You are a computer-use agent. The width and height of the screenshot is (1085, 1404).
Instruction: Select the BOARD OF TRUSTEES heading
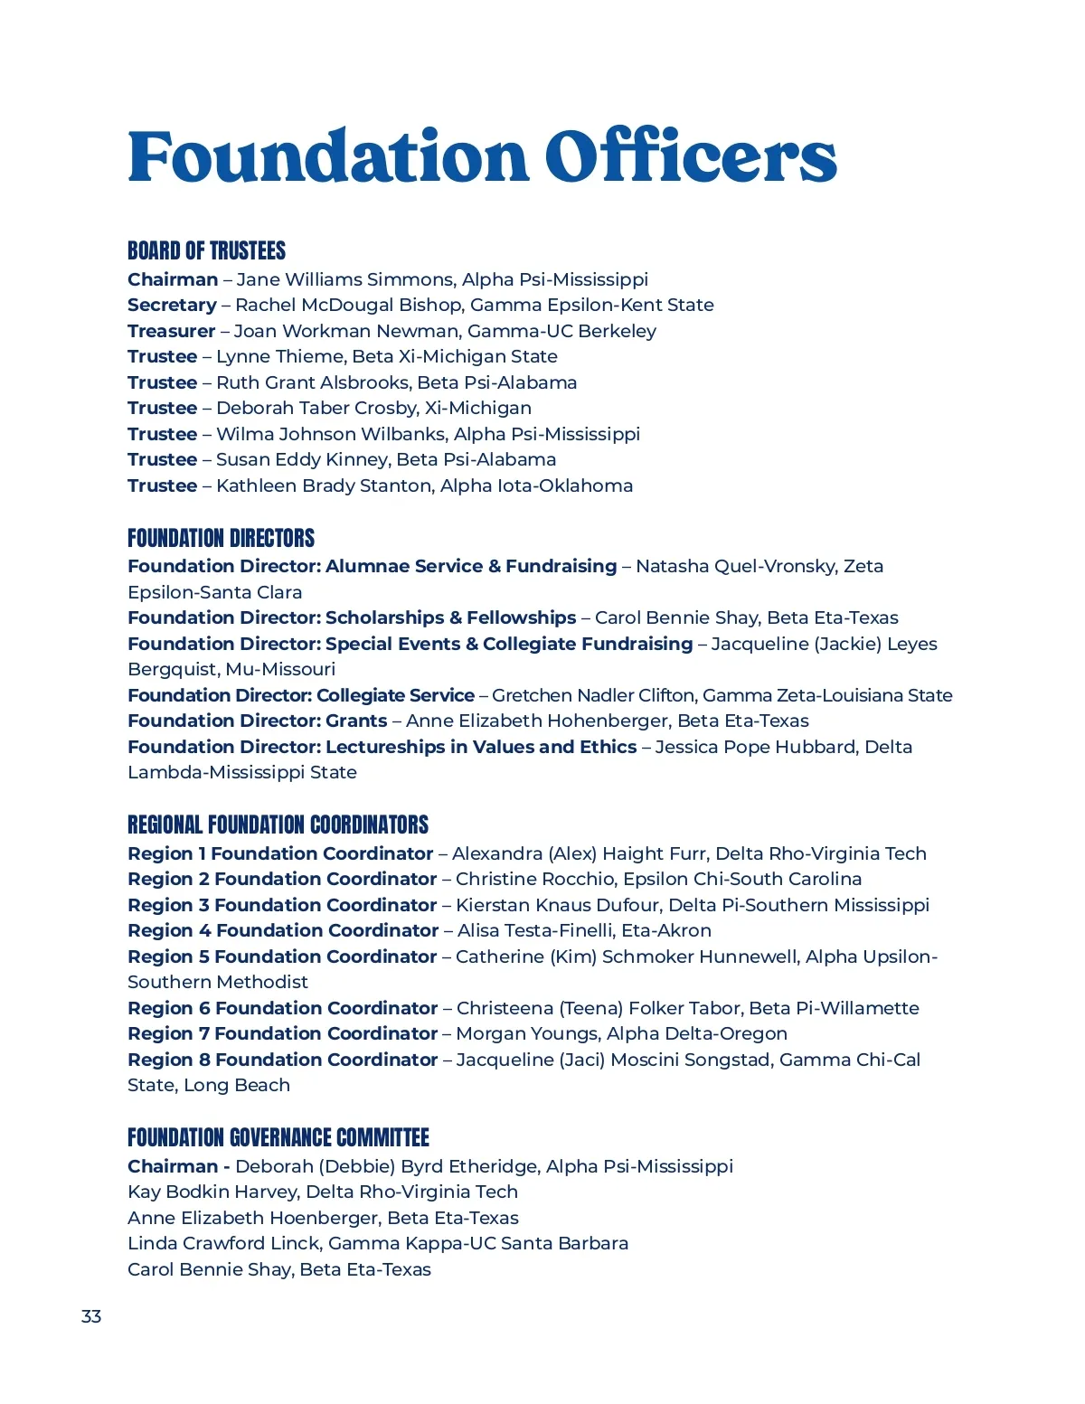206,250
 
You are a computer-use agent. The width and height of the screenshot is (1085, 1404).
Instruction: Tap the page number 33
91,1316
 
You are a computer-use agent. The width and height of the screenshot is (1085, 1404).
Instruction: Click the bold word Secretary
172,305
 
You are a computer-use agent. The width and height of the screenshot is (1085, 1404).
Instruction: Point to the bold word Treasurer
171,331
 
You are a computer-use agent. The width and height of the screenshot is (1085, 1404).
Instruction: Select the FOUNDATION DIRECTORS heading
221,538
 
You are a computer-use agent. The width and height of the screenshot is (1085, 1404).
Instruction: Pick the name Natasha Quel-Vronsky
734,566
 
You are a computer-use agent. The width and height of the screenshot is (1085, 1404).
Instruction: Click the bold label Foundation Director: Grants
257,721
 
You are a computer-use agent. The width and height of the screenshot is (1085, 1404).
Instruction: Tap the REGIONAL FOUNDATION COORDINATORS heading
278,824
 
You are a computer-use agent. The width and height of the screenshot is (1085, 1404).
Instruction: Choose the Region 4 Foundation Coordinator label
283,930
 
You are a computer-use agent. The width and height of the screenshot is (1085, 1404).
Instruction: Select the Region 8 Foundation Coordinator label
282,1060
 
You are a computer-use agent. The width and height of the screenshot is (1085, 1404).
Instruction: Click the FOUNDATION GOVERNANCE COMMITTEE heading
278,1137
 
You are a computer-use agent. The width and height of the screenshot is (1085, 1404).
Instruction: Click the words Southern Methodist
217,982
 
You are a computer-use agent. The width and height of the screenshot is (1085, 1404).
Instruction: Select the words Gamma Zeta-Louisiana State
826,695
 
